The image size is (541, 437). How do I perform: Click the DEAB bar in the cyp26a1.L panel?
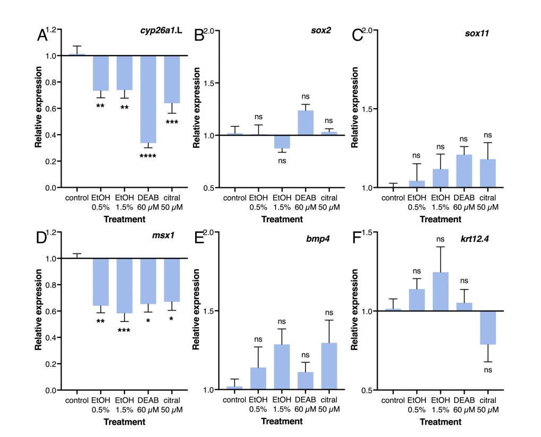(148, 99)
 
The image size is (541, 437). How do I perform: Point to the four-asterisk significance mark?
(148, 156)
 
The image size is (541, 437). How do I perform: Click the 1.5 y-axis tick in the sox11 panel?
(365, 109)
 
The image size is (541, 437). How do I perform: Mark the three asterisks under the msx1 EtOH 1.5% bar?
(124, 330)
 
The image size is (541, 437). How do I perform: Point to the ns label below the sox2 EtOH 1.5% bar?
(282, 161)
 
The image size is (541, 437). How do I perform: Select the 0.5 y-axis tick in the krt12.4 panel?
(365, 390)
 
